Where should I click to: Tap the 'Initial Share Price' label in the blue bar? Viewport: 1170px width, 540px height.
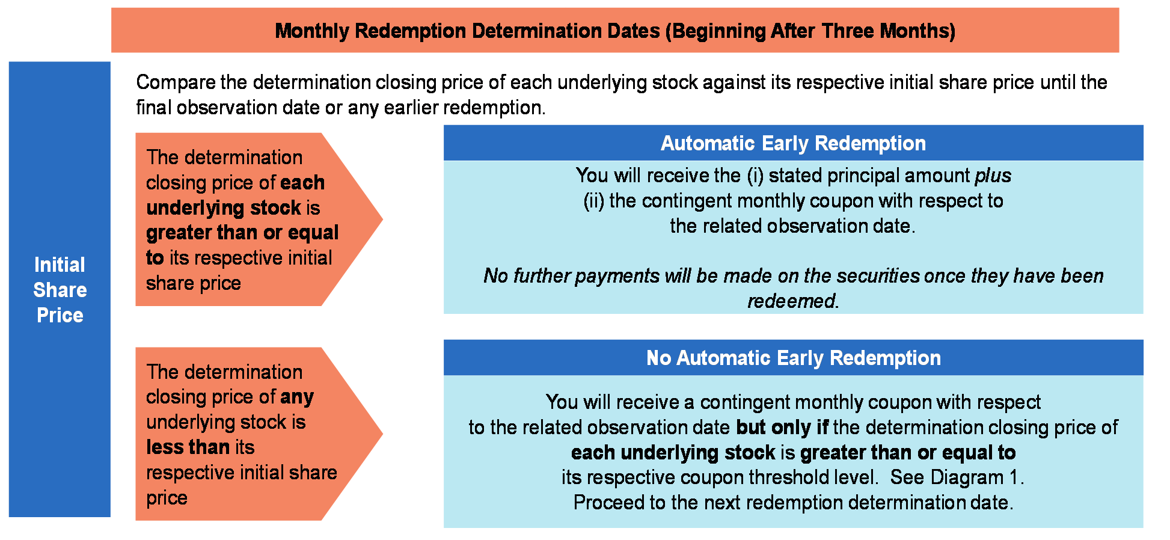tap(60, 290)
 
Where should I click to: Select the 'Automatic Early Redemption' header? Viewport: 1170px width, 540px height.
tap(793, 143)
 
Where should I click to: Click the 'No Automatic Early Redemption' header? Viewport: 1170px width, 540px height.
tap(793, 358)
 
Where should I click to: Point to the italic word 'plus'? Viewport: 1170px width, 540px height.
tap(993, 176)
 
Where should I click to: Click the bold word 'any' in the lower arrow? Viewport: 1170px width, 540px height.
tap(296, 397)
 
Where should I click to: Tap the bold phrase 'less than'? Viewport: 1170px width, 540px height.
tap(188, 447)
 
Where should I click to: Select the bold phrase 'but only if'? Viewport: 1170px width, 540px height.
tap(782, 427)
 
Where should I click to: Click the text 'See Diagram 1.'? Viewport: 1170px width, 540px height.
tap(957, 477)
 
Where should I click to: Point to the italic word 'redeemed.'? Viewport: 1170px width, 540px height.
tap(793, 301)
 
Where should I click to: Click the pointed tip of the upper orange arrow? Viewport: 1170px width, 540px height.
tap(382, 219)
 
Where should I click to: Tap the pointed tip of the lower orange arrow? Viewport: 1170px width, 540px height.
tap(382, 433)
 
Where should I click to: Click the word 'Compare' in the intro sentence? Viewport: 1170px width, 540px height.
tap(175, 82)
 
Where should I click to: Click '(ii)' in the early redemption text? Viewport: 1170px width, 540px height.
tap(593, 201)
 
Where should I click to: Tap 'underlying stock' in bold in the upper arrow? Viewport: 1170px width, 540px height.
tap(224, 207)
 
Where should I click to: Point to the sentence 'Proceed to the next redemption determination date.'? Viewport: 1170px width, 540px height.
tap(793, 502)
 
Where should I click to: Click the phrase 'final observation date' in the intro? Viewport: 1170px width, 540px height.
tap(228, 108)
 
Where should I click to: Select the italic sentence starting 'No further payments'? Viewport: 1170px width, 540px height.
tap(793, 288)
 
